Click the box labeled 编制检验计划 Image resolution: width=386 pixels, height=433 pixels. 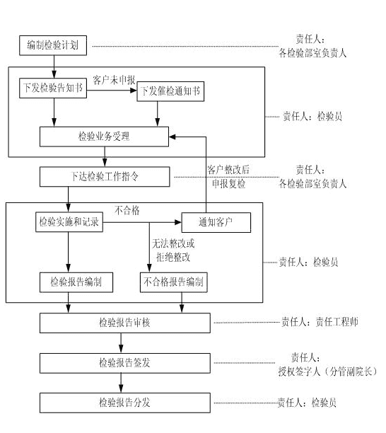(x=53, y=45)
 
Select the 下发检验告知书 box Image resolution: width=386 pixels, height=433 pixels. (x=53, y=88)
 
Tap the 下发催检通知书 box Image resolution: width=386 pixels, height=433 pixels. (x=170, y=91)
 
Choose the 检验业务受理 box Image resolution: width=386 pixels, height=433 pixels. (x=105, y=137)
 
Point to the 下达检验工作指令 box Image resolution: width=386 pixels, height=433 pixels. (x=105, y=176)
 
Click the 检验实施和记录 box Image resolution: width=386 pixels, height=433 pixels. (x=69, y=222)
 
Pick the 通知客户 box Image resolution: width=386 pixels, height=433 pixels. (x=216, y=222)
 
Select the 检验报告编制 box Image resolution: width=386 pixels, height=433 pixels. (x=76, y=282)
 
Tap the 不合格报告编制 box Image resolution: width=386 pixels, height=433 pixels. (x=174, y=282)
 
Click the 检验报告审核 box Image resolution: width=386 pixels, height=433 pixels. (x=125, y=323)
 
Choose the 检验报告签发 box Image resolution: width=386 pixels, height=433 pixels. (x=125, y=363)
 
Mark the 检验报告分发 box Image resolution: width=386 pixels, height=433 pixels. (x=125, y=403)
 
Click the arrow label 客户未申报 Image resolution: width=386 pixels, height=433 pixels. (x=114, y=80)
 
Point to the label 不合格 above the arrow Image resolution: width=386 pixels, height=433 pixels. (x=127, y=210)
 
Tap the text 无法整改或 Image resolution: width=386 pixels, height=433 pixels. (x=173, y=243)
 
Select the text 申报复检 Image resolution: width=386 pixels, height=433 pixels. (x=229, y=184)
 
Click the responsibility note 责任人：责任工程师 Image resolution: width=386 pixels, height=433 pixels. (x=320, y=322)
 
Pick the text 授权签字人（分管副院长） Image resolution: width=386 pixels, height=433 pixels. (x=327, y=371)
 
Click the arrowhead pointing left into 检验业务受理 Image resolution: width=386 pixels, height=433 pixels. (x=172, y=137)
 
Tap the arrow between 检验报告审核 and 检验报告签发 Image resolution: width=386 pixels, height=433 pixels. (x=121, y=343)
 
